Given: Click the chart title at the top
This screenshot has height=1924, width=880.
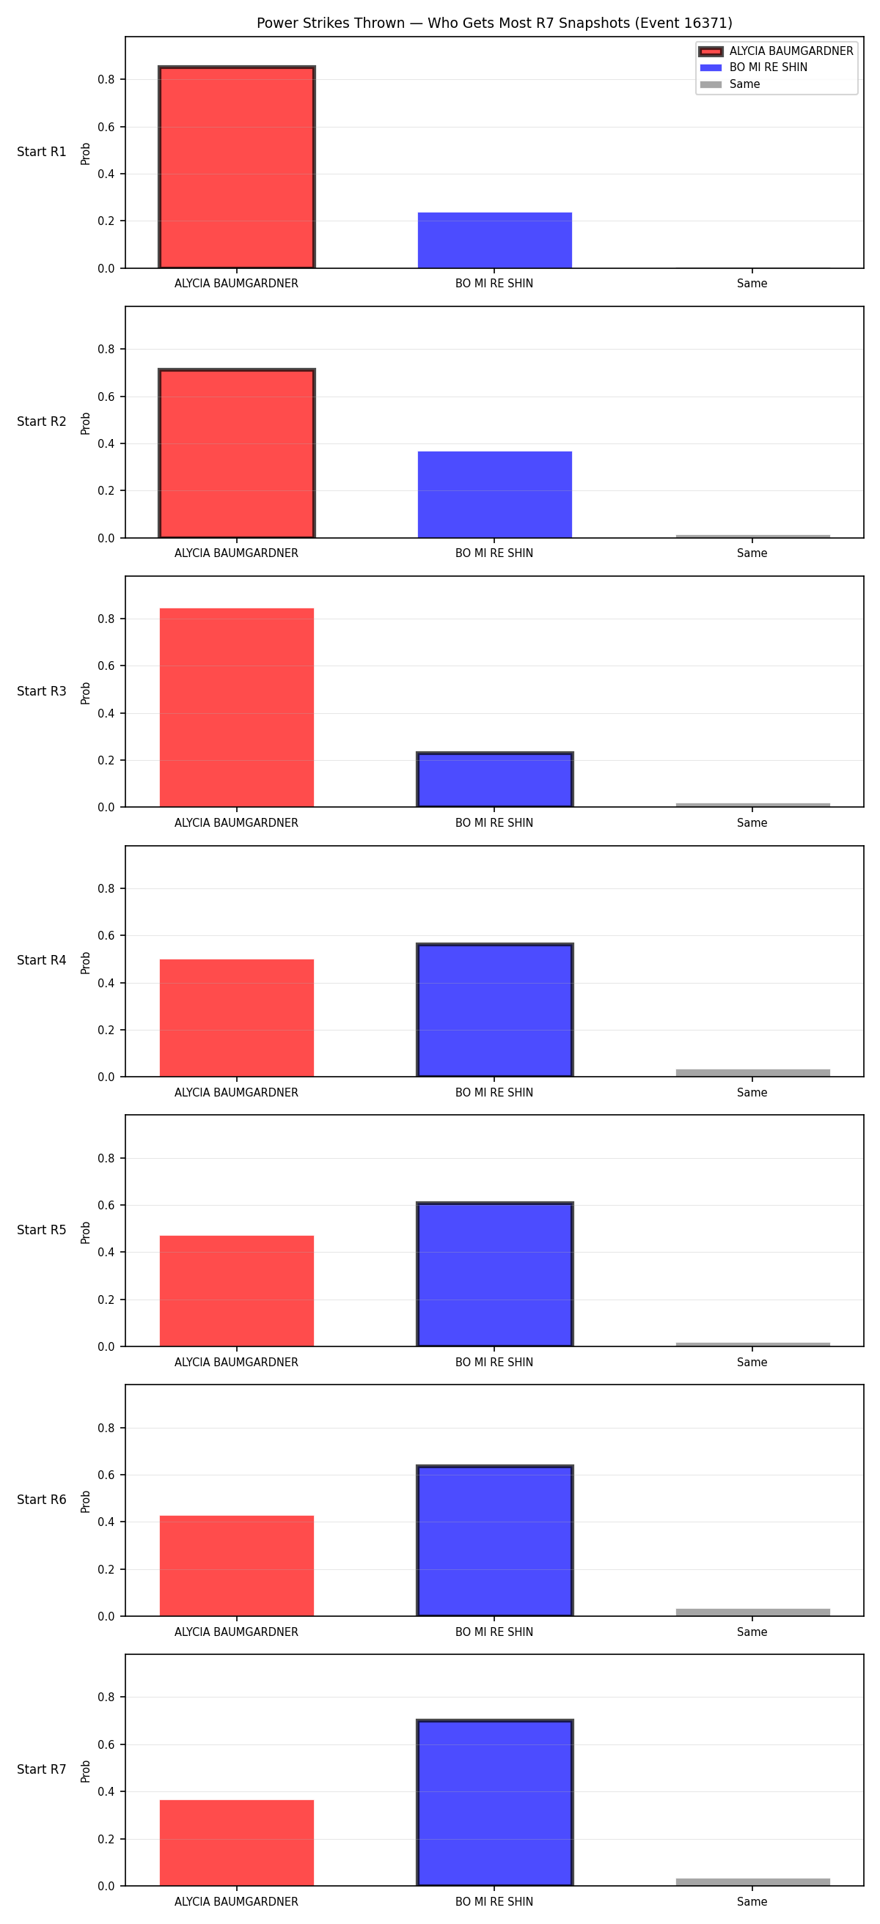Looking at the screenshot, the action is pos(494,23).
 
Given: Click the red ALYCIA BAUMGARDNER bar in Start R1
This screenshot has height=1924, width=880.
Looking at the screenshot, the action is pos(237,167).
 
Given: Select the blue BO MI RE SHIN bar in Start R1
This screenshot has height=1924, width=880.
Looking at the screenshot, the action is pos(494,240).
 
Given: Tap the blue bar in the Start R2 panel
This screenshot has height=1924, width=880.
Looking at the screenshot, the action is pos(494,495).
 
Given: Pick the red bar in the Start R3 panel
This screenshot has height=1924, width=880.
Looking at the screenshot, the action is pos(237,707).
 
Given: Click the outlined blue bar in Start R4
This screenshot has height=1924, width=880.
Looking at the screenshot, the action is pos(494,1011).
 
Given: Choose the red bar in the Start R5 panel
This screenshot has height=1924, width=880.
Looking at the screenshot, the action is pos(237,1291).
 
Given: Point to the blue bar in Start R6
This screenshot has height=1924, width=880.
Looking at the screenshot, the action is pos(494,1541).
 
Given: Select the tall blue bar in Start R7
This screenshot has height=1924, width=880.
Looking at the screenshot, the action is pos(494,1803).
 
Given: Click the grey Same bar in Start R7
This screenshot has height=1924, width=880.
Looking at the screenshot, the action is pos(753,1882).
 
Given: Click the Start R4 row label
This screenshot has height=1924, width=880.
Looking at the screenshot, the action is pos(42,960).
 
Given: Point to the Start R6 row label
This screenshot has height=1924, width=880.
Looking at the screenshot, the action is pos(42,1500).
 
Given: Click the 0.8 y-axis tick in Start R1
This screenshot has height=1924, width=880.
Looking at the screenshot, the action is pos(106,80).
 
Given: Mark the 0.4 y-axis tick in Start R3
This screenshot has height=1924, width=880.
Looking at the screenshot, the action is pos(106,713).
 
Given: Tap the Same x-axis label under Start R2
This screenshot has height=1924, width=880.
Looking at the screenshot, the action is pos(752,553).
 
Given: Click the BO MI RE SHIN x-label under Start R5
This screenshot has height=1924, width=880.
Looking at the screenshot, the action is pos(494,1363).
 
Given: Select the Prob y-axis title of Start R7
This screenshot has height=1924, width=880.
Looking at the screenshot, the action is pos(86,1771).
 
